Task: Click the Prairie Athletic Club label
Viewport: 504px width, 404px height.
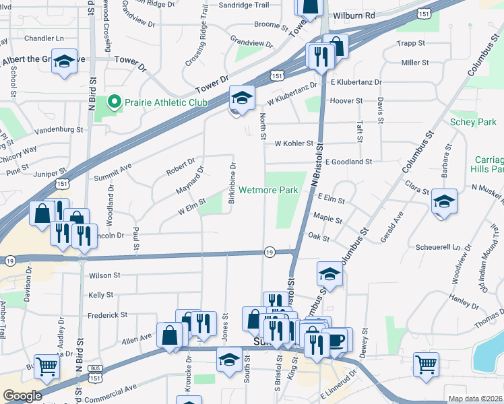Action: (164, 103)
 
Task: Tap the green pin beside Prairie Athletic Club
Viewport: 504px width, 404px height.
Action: (113, 103)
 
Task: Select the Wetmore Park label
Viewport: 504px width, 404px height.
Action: (268, 191)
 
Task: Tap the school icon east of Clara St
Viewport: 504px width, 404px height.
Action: (444, 203)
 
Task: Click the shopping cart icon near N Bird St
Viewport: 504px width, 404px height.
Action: (46, 367)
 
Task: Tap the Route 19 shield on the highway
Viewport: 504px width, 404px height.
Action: (269, 252)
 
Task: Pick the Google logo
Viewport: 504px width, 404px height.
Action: (23, 396)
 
